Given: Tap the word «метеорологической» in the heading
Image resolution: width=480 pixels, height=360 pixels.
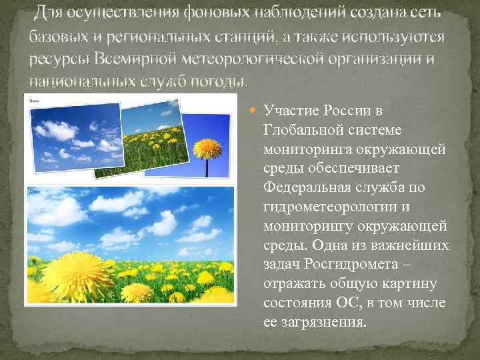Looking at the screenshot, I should click(x=264, y=59).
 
